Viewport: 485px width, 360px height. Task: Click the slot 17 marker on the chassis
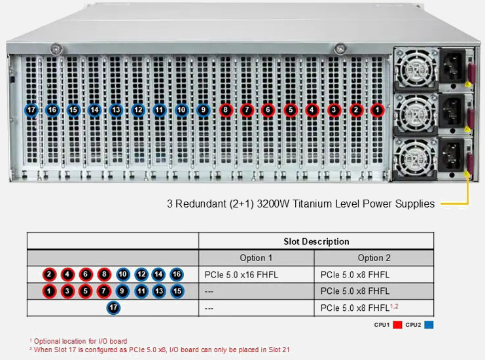(x=31, y=110)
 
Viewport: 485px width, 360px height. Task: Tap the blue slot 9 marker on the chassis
(x=203, y=110)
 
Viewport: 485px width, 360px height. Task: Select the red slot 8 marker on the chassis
(x=225, y=110)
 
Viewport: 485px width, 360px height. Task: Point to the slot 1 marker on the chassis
(x=378, y=110)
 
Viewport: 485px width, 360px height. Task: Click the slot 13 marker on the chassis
(x=116, y=110)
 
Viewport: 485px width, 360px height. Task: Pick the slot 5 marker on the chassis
(x=290, y=110)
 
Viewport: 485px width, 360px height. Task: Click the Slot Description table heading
(x=316, y=242)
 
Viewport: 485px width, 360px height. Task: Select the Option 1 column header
(x=256, y=258)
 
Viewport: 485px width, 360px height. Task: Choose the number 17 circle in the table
(x=113, y=307)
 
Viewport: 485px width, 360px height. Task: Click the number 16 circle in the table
(x=176, y=275)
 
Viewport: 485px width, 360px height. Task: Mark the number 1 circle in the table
(x=50, y=291)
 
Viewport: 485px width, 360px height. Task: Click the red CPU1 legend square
(x=397, y=324)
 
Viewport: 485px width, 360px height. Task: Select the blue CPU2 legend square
(x=429, y=324)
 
